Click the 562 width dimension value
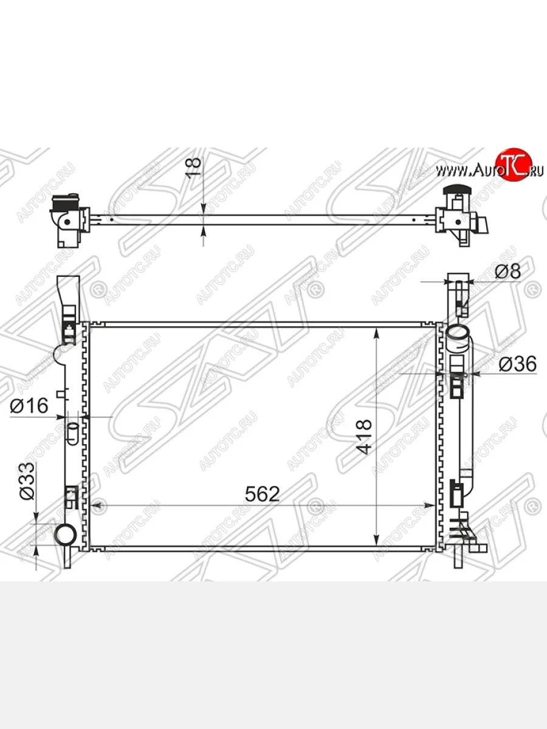click(263, 494)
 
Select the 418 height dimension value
click(363, 437)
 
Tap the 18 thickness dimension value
click(194, 168)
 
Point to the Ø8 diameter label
click(508, 272)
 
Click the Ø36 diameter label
click(517, 363)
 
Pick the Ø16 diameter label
click(29, 406)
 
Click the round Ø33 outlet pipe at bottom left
click(66, 534)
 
